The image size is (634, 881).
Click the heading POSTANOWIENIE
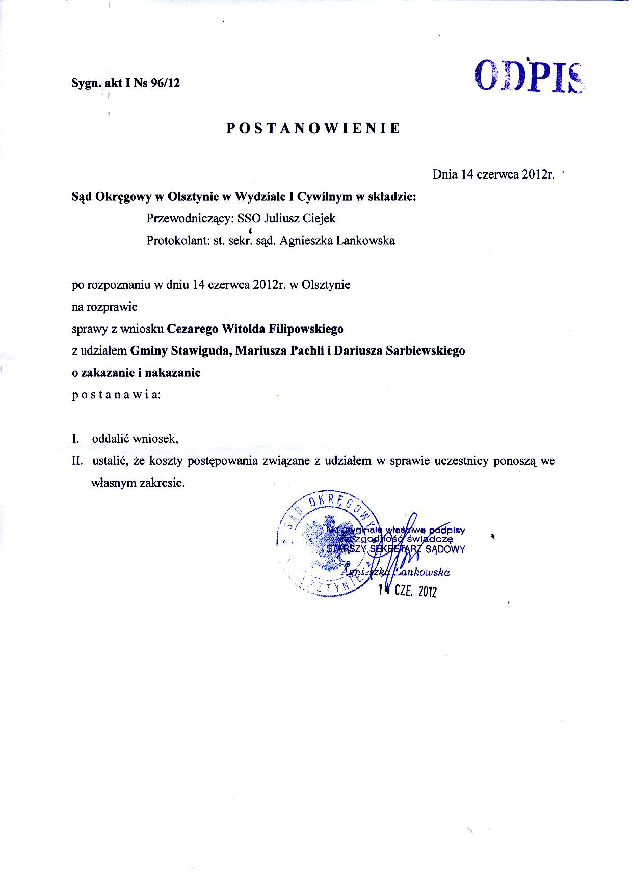[313, 128]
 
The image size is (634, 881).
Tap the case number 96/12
[166, 83]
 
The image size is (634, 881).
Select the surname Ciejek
[319, 219]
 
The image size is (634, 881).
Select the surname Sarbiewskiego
[426, 351]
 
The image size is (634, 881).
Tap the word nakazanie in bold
[173, 373]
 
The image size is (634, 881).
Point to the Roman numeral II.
[77, 461]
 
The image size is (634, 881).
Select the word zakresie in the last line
[162, 483]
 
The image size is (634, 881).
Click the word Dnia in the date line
[445, 174]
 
